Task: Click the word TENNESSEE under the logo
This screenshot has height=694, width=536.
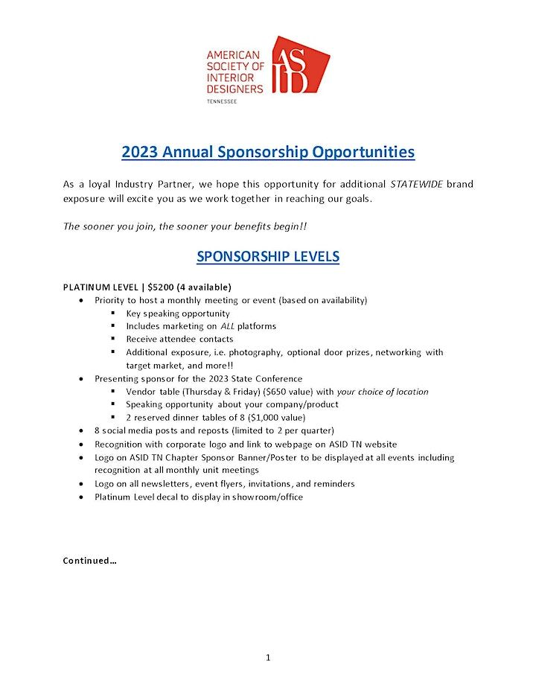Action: pos(222,101)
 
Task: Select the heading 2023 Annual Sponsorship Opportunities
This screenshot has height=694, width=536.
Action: pos(268,152)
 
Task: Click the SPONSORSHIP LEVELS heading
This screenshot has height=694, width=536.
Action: pos(268,256)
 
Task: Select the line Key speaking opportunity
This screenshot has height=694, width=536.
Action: pos(178,313)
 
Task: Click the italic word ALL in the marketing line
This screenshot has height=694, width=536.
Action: pos(226,326)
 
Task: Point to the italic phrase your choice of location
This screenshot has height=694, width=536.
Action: pos(381,392)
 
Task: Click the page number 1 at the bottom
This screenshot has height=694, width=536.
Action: pos(268,658)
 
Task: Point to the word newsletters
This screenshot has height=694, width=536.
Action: pos(158,483)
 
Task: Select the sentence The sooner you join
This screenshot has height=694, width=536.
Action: pos(185,223)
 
